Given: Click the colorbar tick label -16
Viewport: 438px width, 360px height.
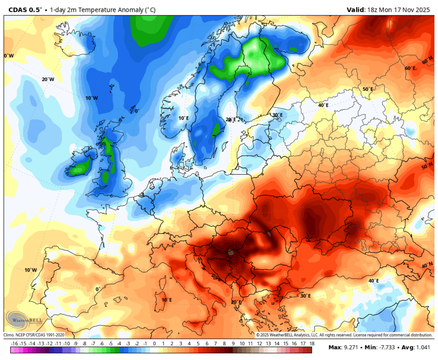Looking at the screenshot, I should click(15, 344).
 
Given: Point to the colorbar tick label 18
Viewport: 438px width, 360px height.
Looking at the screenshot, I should click(311, 344).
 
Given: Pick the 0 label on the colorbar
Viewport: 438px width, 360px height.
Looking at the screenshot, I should click(154, 344).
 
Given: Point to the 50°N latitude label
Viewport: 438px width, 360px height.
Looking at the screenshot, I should click(427, 167).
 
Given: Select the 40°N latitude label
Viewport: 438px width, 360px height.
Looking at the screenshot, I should click(427, 265).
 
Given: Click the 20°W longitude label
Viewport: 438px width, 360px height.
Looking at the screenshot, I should click(48, 79).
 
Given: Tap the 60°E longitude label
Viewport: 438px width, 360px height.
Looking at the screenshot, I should click(410, 68).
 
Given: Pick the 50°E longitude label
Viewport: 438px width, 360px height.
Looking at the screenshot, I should click(368, 89).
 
